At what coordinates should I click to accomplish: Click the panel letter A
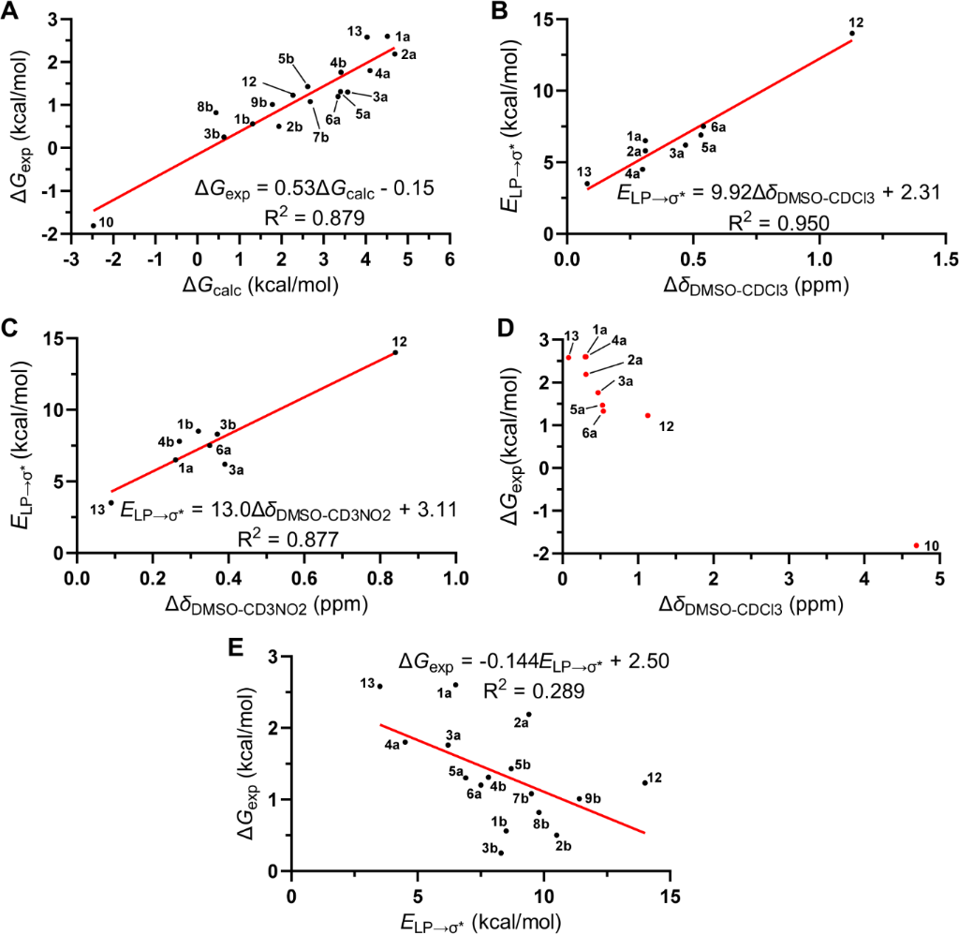coord(12,11)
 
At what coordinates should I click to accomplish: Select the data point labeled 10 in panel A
coord(94,225)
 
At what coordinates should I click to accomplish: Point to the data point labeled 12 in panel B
coord(852,34)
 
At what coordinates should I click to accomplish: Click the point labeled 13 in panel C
coord(111,503)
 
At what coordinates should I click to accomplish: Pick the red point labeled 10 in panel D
coord(916,545)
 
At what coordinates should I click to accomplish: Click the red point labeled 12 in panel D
coord(647,415)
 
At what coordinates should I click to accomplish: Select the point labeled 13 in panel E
coord(379,686)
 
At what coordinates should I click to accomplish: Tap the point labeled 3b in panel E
coord(501,853)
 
